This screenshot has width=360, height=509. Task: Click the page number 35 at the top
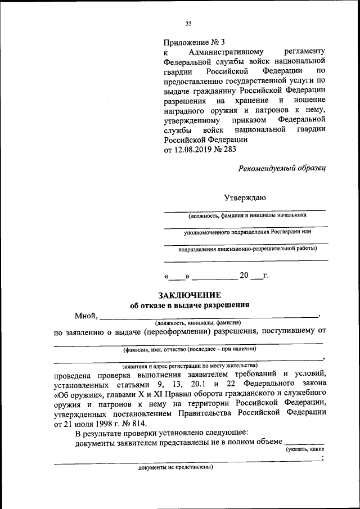[188, 23]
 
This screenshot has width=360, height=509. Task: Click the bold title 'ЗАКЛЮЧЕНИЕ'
[190, 295]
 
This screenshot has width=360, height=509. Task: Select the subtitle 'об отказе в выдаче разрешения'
[190, 305]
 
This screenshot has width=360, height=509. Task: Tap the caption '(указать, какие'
[304, 450]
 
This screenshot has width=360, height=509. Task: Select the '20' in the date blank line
[244, 276]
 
